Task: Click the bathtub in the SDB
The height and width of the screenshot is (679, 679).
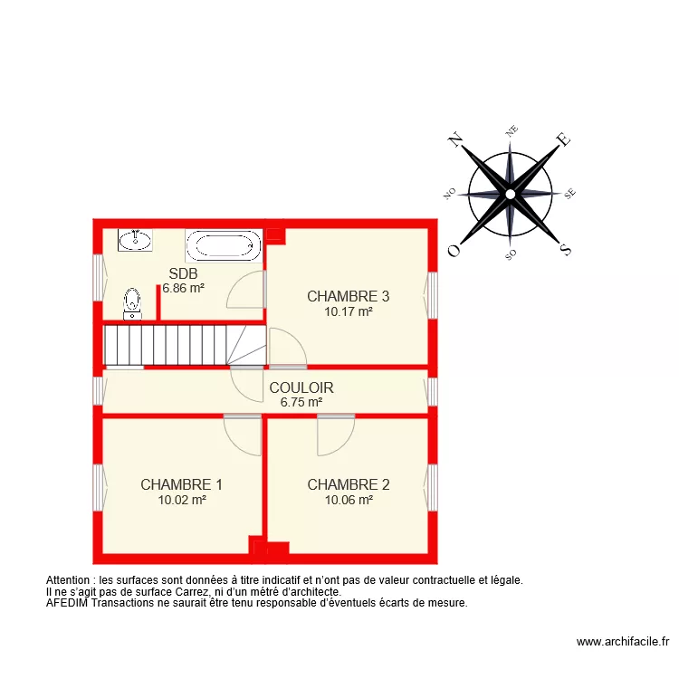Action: (x=223, y=246)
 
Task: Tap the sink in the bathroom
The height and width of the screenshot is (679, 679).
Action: (x=135, y=240)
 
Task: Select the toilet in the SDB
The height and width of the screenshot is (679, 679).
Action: (x=133, y=302)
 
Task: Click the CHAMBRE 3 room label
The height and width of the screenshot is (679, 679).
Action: (x=348, y=296)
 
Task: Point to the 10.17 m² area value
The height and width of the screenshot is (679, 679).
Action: (x=348, y=311)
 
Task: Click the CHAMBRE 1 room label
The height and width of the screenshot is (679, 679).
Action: (x=181, y=484)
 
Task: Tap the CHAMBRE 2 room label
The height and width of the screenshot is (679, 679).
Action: (x=348, y=484)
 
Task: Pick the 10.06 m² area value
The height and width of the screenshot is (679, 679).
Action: (x=348, y=499)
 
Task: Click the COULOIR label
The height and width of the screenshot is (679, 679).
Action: (x=301, y=387)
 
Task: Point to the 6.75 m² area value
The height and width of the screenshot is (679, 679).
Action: (x=301, y=402)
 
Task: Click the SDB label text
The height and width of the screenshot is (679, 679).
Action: (x=183, y=273)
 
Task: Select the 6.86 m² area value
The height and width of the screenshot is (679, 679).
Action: (x=183, y=288)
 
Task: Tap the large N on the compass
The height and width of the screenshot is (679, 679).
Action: (x=455, y=139)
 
